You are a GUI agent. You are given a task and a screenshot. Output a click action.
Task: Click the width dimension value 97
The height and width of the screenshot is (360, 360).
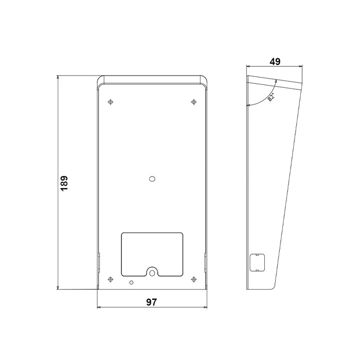pos(151,302)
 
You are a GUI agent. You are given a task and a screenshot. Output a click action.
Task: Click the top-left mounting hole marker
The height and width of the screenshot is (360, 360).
pos(111,102)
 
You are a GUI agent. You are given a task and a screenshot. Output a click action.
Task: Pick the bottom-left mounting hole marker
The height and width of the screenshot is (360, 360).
pos(111,279)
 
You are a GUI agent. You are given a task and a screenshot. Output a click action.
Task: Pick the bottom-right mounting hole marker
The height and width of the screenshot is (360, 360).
pos(193,279)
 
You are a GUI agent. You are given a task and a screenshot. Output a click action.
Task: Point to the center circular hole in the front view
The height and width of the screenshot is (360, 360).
pos(152,179)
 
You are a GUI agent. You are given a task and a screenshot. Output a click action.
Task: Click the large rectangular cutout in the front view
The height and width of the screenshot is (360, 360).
pos(152,252)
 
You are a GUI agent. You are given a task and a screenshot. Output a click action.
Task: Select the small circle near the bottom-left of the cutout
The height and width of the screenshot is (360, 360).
pos(132,282)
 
